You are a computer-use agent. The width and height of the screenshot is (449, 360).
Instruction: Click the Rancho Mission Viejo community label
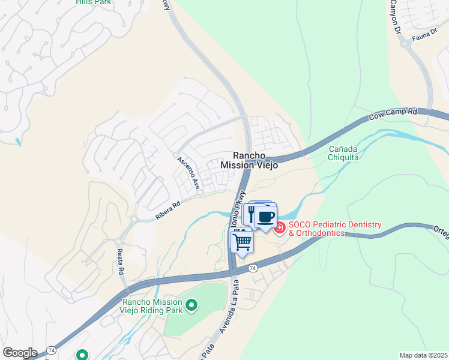tap(249, 160)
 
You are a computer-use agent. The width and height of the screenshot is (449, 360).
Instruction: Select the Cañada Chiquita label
tap(343, 153)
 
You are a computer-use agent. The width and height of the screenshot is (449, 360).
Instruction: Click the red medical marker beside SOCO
tap(280, 228)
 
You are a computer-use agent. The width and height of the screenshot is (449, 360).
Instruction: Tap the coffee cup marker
tap(266, 216)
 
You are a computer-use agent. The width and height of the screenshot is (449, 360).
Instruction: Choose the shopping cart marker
tap(242, 242)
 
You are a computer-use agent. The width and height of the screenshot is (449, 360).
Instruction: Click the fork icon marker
tap(250, 214)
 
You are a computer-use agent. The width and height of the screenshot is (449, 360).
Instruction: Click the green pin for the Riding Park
tap(191, 307)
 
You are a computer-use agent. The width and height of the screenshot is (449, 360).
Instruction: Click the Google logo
tap(19, 353)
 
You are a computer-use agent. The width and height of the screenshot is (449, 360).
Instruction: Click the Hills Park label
tap(94, 2)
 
